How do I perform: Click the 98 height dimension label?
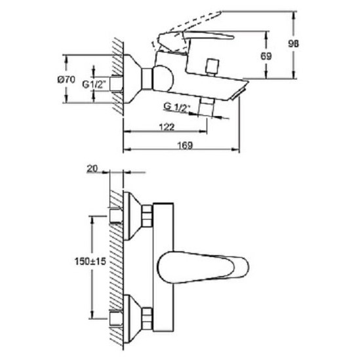(293, 44)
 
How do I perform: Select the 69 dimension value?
(266, 56)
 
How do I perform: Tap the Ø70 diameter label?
(66, 79)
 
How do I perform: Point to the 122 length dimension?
(167, 127)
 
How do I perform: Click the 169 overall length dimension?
(185, 145)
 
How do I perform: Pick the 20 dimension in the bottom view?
(92, 169)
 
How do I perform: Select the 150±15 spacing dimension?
(90, 261)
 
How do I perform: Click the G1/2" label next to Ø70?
(94, 85)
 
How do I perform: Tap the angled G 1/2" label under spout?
(177, 108)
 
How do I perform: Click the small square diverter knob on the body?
(212, 68)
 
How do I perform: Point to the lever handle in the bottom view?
(203, 268)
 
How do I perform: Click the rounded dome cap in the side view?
(163, 79)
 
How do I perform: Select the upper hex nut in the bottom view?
(147, 215)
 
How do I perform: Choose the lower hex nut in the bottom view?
(147, 318)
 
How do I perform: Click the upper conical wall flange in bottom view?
(132, 216)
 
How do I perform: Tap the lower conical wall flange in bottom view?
(132, 318)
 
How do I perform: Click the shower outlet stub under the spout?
(207, 108)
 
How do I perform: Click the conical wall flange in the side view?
(132, 79)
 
